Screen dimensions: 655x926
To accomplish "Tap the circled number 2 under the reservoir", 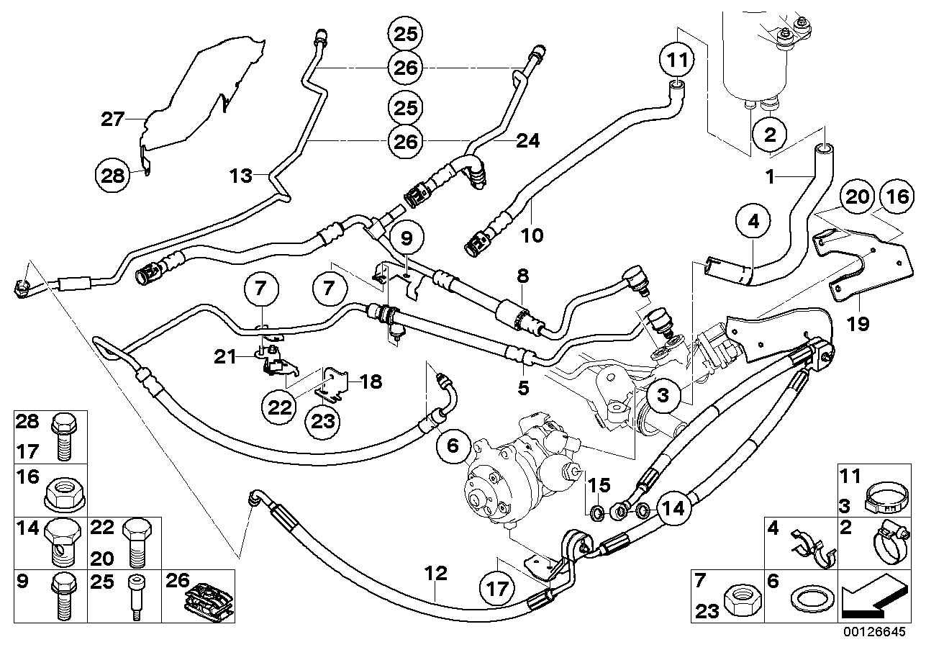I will click(x=770, y=134).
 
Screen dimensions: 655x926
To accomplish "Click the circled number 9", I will click(x=407, y=238).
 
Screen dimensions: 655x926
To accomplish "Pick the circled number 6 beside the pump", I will click(x=453, y=446).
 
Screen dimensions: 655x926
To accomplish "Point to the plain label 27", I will click(x=113, y=119).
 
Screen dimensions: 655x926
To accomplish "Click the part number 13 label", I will click(x=242, y=175).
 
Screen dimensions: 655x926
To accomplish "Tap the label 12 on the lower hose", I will click(x=436, y=574).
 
